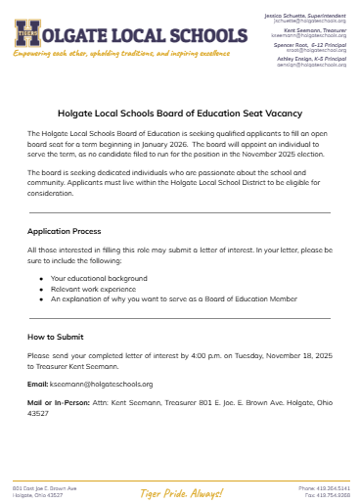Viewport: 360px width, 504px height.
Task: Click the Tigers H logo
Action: click(28, 34)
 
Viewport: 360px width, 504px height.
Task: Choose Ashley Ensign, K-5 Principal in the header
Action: click(312, 59)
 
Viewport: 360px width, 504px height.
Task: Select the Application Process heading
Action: click(65, 231)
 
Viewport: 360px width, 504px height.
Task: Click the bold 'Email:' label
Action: click(38, 384)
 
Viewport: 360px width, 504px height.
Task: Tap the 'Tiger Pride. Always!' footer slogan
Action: click(180, 492)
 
